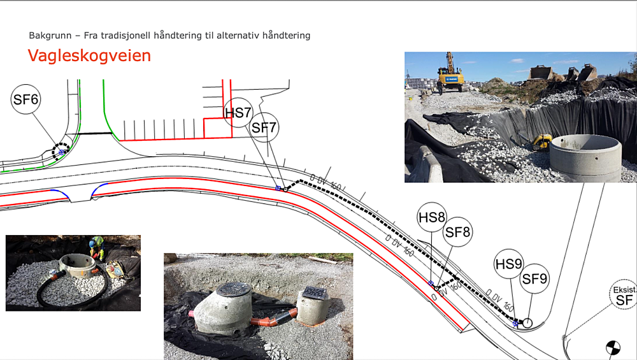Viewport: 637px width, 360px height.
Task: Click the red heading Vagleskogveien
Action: [x=89, y=55]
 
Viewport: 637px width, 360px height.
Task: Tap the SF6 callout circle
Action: [x=26, y=100]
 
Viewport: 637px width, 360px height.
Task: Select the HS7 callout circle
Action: [x=238, y=113]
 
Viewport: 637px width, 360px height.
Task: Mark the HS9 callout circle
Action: [x=508, y=264]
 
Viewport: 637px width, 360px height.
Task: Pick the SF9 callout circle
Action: [x=534, y=278]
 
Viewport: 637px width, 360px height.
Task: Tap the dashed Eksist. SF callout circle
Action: [x=624, y=294]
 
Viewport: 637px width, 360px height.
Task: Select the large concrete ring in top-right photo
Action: [x=585, y=157]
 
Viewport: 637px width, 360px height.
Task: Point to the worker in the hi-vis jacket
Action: [x=97, y=246]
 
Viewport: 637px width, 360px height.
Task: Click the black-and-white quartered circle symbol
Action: [x=612, y=348]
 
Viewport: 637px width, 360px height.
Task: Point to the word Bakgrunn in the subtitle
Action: [x=50, y=36]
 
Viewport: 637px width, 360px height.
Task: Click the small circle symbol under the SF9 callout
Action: [x=527, y=323]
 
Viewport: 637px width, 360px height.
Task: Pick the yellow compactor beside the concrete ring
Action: [x=542, y=141]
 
